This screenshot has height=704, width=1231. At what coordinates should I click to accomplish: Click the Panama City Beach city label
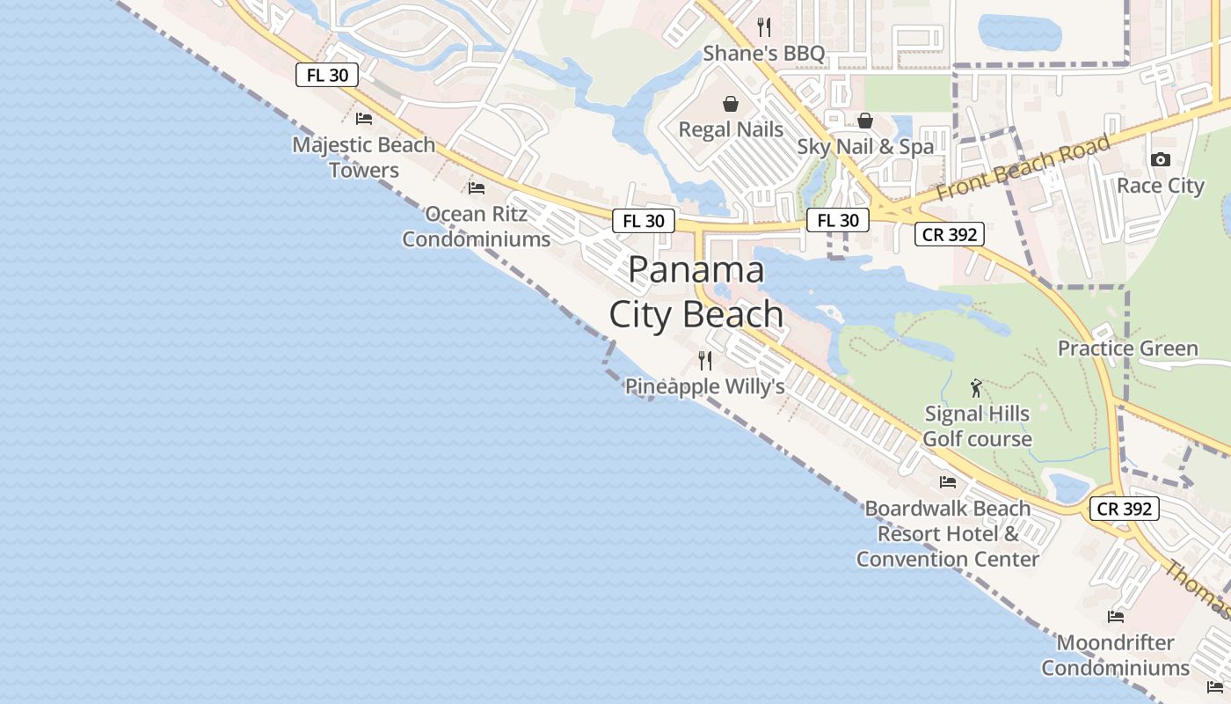[x=696, y=292]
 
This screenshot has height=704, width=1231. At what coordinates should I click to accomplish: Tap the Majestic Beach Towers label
[x=364, y=158]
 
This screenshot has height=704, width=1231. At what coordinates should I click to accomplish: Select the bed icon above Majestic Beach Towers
[x=364, y=118]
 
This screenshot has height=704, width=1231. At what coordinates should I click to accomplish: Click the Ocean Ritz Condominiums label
[x=477, y=226]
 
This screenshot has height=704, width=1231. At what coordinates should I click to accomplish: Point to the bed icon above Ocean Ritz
[x=477, y=187]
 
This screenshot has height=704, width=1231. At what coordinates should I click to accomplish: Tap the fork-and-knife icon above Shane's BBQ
[x=764, y=27]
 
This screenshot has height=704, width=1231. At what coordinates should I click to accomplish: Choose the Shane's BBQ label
[x=764, y=54]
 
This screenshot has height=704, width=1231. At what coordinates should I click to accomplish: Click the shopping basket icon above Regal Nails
[x=731, y=104]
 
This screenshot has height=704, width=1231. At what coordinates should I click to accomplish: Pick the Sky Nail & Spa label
[x=865, y=147]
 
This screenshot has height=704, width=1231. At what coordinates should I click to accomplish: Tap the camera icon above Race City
[x=1161, y=159]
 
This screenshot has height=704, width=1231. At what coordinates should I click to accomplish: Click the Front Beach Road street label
[x=1023, y=167]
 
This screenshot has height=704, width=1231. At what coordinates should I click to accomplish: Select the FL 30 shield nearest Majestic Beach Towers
[x=327, y=75]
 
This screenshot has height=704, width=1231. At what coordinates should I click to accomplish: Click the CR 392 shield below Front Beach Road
[x=949, y=234]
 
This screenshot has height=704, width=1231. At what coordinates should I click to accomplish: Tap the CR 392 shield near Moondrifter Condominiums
[x=1125, y=509]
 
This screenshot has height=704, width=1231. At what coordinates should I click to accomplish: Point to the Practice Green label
[x=1127, y=348]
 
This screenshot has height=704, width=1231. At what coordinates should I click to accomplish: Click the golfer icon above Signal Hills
[x=976, y=388]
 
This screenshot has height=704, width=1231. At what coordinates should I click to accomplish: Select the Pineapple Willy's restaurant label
[x=704, y=386]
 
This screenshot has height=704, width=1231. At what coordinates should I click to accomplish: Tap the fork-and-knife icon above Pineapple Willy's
[x=704, y=360]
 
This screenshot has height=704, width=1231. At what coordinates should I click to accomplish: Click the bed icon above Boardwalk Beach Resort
[x=948, y=481]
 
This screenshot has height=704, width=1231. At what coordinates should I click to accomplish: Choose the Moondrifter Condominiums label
[x=1115, y=655]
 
